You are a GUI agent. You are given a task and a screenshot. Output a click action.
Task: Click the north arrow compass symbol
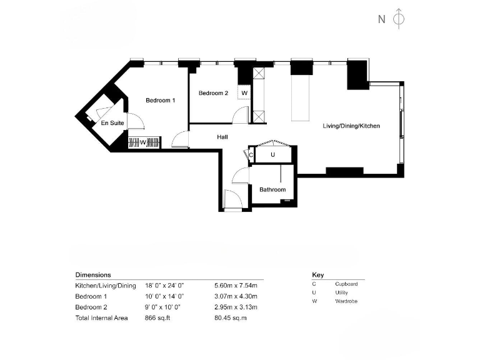[398, 19]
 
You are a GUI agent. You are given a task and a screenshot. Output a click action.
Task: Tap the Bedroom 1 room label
[161, 101]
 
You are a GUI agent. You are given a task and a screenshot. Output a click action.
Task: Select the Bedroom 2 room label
[213, 93]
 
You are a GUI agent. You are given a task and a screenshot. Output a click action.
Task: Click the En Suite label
[112, 123]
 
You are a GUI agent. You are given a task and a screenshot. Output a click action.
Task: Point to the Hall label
[222, 137]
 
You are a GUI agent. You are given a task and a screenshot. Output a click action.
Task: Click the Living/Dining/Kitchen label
[351, 126]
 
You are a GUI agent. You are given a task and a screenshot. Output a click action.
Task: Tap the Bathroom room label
[272, 189]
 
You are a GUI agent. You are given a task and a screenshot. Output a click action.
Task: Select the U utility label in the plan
[273, 154]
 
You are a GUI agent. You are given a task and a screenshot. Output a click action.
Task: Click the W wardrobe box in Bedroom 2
[244, 93]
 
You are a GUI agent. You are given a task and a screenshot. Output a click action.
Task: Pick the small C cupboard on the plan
[251, 154]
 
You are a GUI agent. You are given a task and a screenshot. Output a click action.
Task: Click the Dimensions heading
[93, 274]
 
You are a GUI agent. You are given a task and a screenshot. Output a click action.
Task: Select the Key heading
[317, 274]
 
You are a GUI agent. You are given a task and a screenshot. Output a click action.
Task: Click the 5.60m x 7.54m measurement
[236, 286]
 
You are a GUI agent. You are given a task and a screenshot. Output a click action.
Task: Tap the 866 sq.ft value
[157, 318]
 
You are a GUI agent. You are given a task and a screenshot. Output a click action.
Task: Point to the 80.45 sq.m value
[231, 318]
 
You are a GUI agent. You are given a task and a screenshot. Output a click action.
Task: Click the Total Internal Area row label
[102, 318]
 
